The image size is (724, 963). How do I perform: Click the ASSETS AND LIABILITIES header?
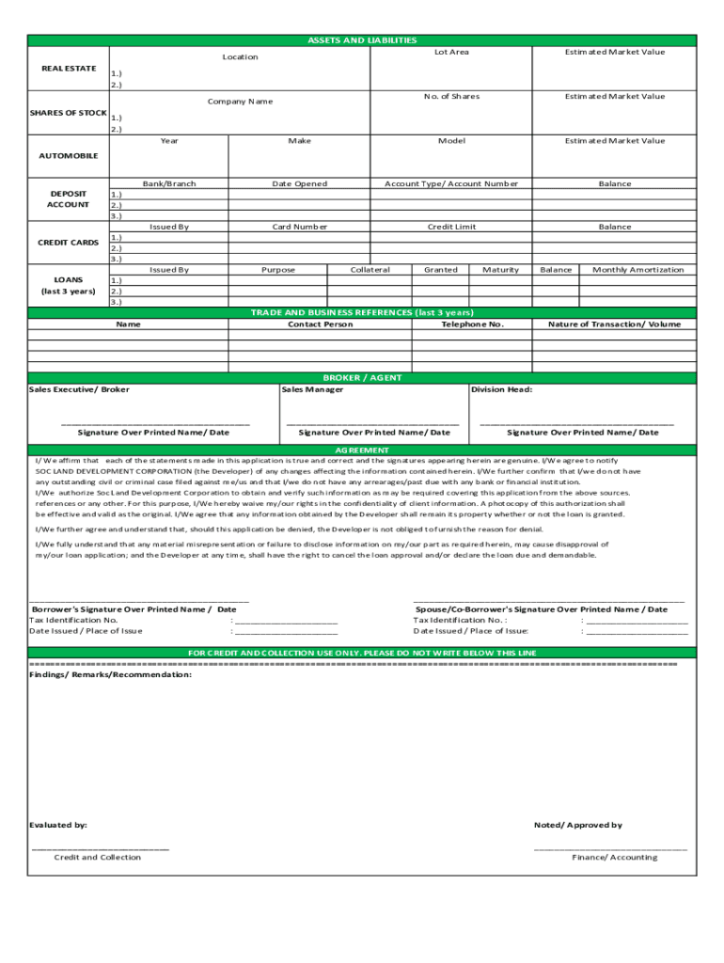(362, 40)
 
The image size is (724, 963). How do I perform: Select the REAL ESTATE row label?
(68, 69)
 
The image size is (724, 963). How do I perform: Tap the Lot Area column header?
(451, 53)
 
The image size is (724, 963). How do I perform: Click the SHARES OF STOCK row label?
(68, 113)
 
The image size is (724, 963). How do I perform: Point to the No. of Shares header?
(451, 97)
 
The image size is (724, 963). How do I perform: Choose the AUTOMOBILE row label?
(68, 156)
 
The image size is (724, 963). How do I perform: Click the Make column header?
(299, 141)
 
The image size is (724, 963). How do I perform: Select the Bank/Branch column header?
(169, 184)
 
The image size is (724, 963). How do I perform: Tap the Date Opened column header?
(299, 184)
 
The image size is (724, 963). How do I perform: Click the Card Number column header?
(299, 227)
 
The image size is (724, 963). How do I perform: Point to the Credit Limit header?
(451, 227)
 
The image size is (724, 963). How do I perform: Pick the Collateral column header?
(370, 270)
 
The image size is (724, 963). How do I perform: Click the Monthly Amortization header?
(637, 270)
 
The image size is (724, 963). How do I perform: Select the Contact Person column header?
(321, 324)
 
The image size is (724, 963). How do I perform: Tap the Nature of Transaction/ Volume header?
(614, 324)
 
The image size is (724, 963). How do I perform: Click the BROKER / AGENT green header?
(362, 378)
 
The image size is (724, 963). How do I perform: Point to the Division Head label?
(501, 389)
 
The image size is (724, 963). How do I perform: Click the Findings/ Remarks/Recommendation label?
(110, 675)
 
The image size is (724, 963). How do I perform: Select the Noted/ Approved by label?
(577, 826)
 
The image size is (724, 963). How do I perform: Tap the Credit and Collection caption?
(97, 858)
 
